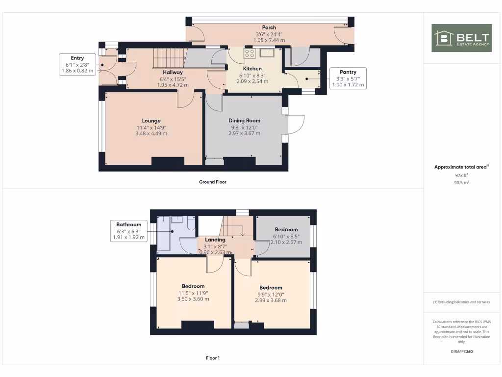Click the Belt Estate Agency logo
pos(461,38)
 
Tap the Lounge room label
pos(151,121)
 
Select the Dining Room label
pos(244,120)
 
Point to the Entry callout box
pos(77,64)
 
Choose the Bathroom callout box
pos(128,231)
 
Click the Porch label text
pos(269,27)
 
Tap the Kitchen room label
pos(252,69)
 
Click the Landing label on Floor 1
pos(215,240)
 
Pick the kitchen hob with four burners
pos(250,54)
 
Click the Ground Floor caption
pos(212,182)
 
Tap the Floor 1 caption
pos(212,358)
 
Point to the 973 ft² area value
pos(461,175)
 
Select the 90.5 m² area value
pos(461,182)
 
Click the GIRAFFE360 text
pos(461,351)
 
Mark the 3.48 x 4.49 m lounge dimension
pos(151,134)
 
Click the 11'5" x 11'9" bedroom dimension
pos(193,293)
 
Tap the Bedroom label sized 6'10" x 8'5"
pos(286,229)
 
